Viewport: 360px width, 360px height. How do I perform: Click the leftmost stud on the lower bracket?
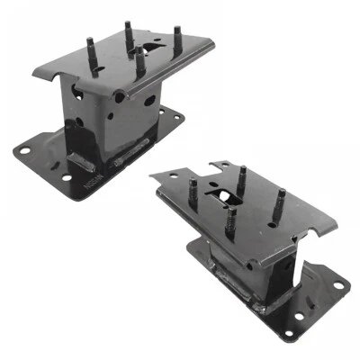[x=193, y=192]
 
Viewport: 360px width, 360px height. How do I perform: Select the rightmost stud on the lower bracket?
[x=281, y=199]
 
